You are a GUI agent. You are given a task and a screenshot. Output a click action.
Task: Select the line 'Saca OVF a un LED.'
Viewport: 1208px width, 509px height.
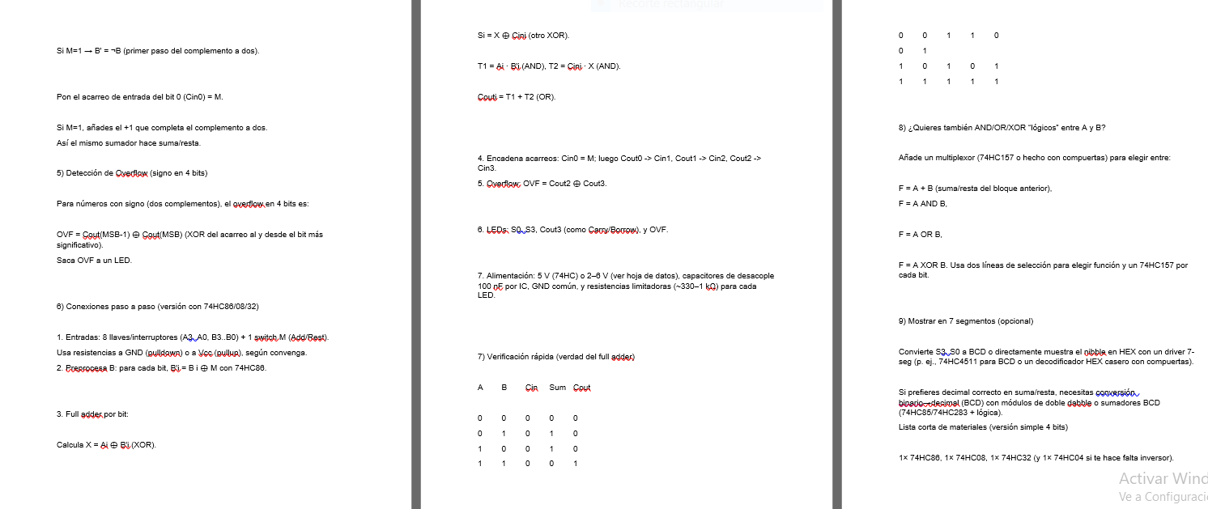[94, 260]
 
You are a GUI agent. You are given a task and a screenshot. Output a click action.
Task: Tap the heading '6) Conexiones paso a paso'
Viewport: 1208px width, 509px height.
[157, 307]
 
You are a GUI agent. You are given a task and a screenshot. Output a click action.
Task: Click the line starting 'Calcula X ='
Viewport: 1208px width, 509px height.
[106, 445]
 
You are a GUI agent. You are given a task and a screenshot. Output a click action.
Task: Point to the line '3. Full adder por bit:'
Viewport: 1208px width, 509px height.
[92, 414]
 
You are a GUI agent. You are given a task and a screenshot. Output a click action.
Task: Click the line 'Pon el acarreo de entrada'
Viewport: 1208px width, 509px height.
[139, 96]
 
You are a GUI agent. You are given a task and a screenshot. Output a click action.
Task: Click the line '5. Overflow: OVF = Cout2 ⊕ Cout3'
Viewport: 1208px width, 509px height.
[542, 184]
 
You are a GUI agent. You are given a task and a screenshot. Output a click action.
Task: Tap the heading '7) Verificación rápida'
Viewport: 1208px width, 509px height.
[556, 357]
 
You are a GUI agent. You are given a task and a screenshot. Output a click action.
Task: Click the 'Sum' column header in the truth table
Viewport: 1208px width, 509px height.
[557, 388]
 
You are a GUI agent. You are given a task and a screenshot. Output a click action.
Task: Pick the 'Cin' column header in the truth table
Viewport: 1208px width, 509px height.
[532, 388]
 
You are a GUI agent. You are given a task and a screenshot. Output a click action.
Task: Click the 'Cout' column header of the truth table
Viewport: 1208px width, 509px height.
[581, 388]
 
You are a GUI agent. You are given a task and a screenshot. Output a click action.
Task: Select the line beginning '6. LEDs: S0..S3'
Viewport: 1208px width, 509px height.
[573, 230]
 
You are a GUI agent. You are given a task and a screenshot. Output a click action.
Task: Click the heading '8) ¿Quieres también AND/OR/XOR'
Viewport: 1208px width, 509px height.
[1002, 127]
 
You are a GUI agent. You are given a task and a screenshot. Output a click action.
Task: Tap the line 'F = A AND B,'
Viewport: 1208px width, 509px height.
[922, 204]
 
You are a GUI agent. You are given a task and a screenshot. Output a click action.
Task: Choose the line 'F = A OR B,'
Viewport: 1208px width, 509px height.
[920, 234]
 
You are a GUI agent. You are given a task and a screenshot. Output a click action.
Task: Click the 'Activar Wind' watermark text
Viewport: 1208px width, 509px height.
[1163, 478]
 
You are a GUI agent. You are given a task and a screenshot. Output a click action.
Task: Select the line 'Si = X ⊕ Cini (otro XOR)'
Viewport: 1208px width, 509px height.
[523, 36]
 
